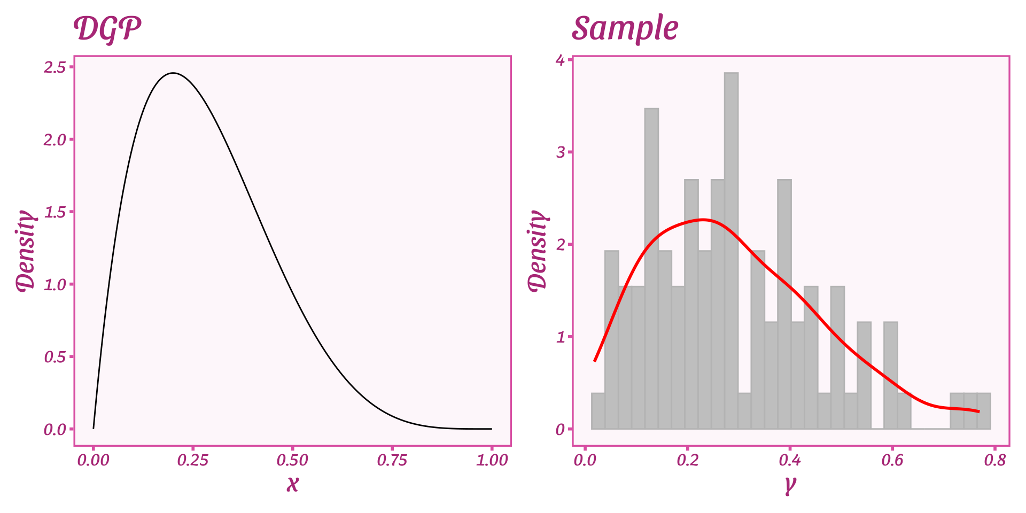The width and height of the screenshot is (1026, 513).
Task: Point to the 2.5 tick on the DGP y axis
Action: point(55,67)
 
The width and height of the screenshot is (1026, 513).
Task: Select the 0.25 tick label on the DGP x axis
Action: point(193,460)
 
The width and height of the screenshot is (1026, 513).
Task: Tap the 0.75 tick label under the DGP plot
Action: point(392,460)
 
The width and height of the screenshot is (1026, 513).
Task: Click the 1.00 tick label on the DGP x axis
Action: point(492,460)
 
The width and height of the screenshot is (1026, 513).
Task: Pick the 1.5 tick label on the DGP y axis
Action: point(55,212)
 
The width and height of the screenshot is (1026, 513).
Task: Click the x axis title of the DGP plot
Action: point(292,483)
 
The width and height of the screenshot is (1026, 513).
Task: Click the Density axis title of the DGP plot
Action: point(25,251)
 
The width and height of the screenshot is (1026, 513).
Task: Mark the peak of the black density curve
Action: point(173,73)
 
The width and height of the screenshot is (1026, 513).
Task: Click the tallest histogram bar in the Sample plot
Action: point(731,251)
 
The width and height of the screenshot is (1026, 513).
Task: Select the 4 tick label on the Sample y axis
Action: point(560,60)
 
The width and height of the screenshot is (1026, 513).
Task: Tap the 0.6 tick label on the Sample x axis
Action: point(892,460)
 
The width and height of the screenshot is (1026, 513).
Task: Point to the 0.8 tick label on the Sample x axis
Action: point(995,460)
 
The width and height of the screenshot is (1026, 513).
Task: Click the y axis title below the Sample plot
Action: point(790,484)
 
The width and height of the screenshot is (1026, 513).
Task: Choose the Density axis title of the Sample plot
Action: point(538,251)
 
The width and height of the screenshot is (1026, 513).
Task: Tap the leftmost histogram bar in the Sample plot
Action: point(598,411)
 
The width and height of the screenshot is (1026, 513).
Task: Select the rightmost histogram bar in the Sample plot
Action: point(984,411)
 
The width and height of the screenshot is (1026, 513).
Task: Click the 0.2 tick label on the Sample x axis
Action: point(688,460)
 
